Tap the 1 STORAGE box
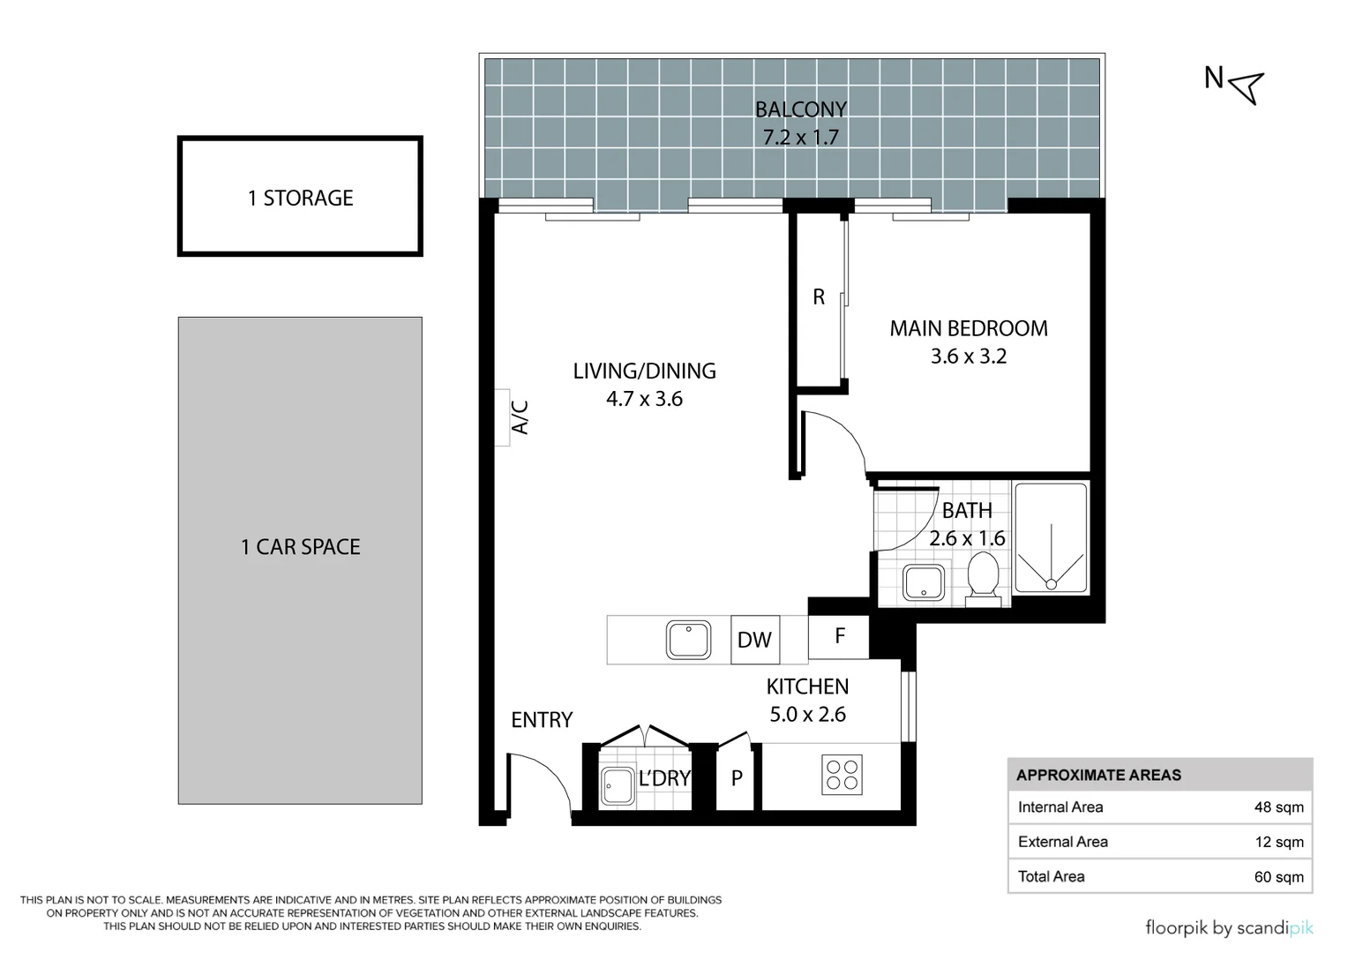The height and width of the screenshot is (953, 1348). (x=300, y=196)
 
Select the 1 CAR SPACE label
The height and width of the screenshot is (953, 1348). (x=300, y=546)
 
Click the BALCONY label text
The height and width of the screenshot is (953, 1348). (x=800, y=109)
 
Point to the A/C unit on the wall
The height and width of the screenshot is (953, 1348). (x=502, y=417)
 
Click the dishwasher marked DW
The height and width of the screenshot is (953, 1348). (x=754, y=640)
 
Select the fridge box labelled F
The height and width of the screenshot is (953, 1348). (x=838, y=636)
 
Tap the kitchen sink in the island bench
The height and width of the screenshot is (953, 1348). (x=688, y=640)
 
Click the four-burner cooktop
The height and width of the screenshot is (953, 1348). (x=842, y=775)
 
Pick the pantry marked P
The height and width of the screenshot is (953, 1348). (x=737, y=778)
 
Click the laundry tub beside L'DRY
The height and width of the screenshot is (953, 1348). (x=617, y=785)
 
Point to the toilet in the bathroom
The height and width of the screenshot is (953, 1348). (x=983, y=578)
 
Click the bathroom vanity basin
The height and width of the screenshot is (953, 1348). (x=923, y=582)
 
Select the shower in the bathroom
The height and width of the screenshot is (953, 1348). (x=1051, y=538)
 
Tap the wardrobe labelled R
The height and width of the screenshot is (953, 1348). (x=819, y=298)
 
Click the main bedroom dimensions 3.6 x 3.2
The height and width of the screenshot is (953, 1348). (x=969, y=356)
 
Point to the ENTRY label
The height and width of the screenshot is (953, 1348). (x=542, y=720)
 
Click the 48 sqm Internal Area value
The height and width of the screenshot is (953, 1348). (x=1279, y=807)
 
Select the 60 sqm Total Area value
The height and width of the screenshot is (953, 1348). (x=1279, y=876)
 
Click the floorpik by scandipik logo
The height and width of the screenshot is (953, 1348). (x=1230, y=927)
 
